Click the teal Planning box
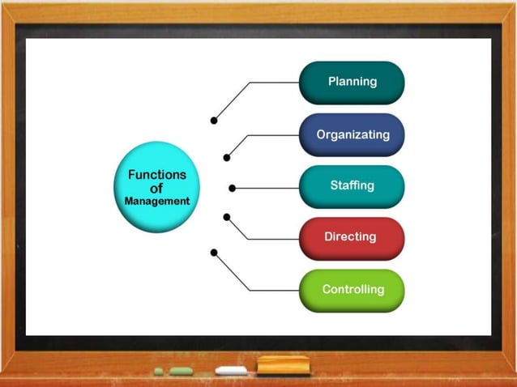[352, 82]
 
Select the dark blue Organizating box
[352, 134]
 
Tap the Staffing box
[352, 186]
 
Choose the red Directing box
[352, 237]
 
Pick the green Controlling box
[352, 290]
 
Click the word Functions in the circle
[157, 175]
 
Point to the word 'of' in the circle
[157, 188]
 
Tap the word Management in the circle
[157, 201]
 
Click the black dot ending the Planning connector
[214, 121]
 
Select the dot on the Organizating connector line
[227, 157]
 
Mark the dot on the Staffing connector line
[233, 188]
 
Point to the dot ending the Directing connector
[227, 217]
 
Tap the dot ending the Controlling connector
[214, 253]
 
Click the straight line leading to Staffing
[267, 188]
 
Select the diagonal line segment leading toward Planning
[232, 101]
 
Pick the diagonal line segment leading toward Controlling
[232, 271]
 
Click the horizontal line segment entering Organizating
[273, 135]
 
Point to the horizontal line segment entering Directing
[273, 239]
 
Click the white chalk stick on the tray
[232, 371]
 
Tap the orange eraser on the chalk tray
[283, 365]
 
